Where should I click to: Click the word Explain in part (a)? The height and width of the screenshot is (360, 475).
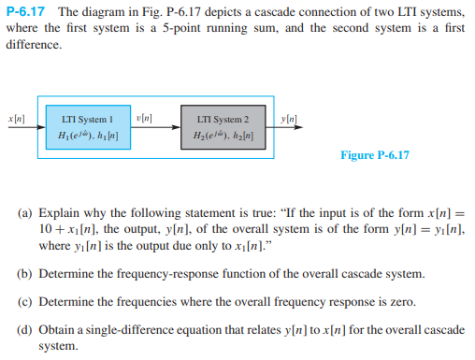[x=63, y=213]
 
